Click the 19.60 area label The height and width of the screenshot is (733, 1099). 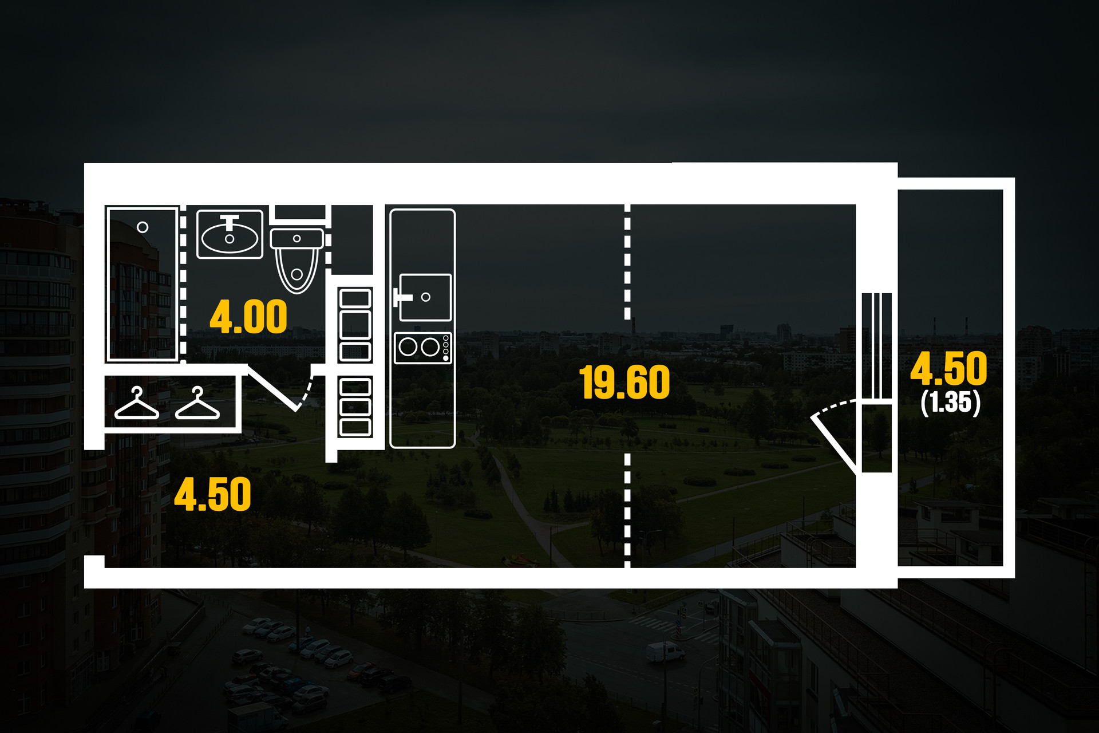point(624,383)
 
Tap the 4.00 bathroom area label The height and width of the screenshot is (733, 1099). point(248,317)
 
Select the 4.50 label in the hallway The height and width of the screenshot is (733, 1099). point(212,495)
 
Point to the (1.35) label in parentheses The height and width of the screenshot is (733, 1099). point(951,402)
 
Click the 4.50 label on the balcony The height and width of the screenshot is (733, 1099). point(948,369)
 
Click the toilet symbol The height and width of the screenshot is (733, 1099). point(297,261)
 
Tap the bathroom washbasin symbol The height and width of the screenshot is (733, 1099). point(230,235)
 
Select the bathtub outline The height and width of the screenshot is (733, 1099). point(142,284)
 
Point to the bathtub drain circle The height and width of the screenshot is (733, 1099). point(143,227)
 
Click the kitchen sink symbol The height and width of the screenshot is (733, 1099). point(425,297)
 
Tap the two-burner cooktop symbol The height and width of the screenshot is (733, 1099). point(423,348)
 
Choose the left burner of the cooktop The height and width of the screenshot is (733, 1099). point(408,347)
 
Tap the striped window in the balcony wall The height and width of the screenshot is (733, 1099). point(876,345)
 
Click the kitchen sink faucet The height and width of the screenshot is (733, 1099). point(401,297)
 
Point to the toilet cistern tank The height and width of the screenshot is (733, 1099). point(297,238)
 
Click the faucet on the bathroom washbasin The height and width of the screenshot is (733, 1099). point(230,222)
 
